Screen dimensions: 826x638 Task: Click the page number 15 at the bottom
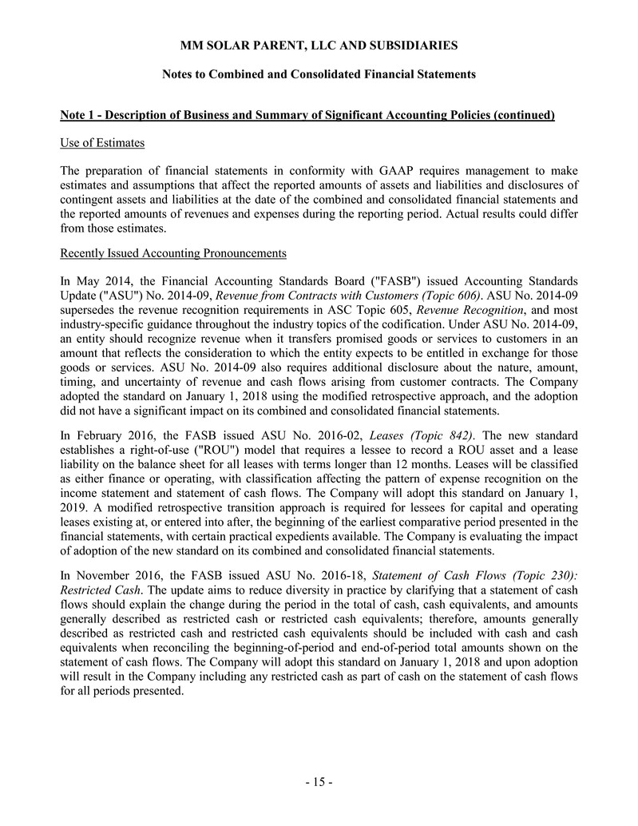319,782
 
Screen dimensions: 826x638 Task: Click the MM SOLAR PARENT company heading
319,45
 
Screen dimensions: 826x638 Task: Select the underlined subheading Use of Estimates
102,143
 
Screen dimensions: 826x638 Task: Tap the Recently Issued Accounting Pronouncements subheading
172,253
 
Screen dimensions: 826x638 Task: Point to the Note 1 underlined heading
307,115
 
